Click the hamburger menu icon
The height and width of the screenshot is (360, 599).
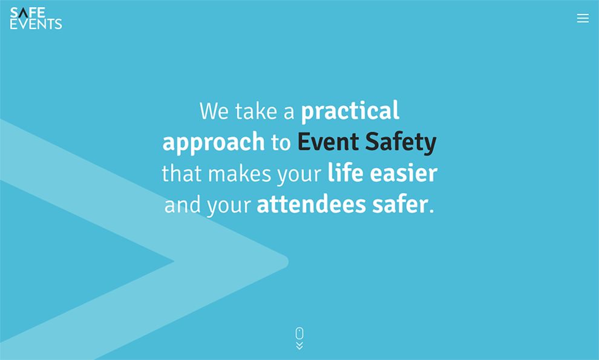(x=583, y=18)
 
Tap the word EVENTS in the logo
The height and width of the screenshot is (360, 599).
(x=36, y=24)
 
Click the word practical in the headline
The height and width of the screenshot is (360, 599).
(x=350, y=111)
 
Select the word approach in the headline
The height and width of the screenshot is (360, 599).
(x=214, y=142)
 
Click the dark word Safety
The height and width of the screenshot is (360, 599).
(x=401, y=143)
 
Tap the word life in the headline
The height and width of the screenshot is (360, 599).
(x=345, y=174)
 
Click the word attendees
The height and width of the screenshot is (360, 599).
(x=311, y=205)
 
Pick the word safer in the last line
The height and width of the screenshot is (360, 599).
(x=400, y=205)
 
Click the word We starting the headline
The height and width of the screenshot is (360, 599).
(x=214, y=111)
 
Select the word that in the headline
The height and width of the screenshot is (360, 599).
(x=182, y=174)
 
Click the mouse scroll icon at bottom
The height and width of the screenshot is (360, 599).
(x=299, y=333)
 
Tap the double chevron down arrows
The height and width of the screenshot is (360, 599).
(x=299, y=346)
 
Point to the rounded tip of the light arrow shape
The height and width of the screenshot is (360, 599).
(x=283, y=262)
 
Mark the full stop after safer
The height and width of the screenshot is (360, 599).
(x=431, y=211)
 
